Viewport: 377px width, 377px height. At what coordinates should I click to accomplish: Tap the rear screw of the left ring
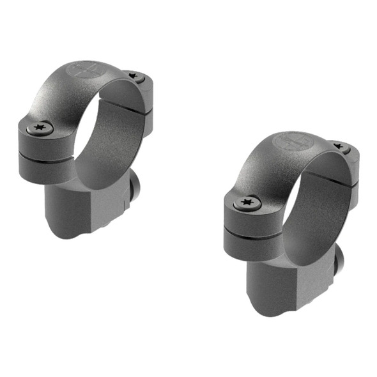pyautogui.click(x=135, y=76)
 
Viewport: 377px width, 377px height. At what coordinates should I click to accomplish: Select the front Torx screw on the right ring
pyautogui.click(x=247, y=204)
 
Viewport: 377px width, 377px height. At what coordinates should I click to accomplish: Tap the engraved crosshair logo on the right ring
pyautogui.click(x=292, y=141)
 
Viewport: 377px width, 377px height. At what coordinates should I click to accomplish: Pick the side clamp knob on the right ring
pyautogui.click(x=340, y=259)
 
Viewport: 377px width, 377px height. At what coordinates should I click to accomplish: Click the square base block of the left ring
pyautogui.click(x=70, y=211)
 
